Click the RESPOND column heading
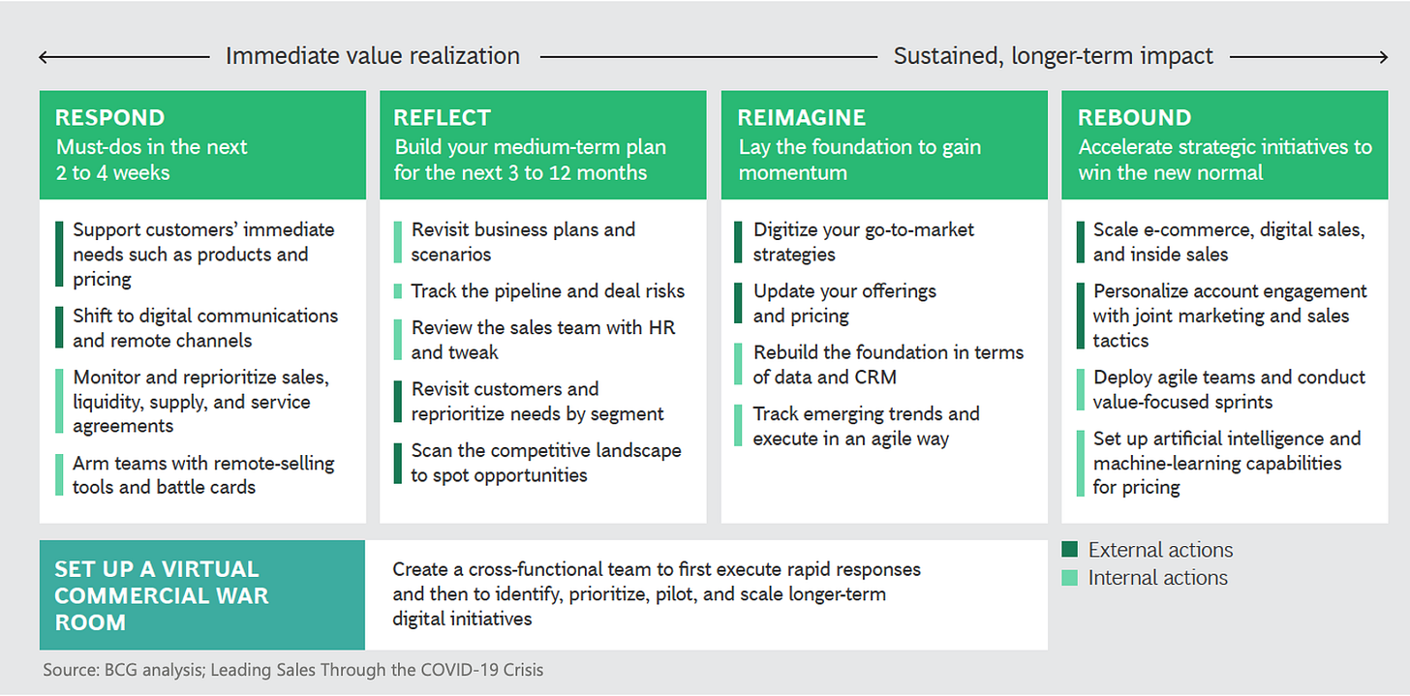(109, 118)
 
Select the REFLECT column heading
(442, 118)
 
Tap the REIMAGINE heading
(800, 118)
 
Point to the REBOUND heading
(1134, 118)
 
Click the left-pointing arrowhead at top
(45, 57)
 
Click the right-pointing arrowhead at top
(1382, 57)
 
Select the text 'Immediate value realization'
(372, 56)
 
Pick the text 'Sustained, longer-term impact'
(1053, 56)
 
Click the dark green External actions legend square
(1069, 551)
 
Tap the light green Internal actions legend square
(1069, 578)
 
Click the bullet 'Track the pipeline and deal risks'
(547, 291)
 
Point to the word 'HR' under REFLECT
(663, 327)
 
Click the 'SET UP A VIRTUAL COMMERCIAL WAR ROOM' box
(201, 595)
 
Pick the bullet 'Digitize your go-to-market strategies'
(864, 242)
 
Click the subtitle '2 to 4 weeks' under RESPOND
(112, 173)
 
